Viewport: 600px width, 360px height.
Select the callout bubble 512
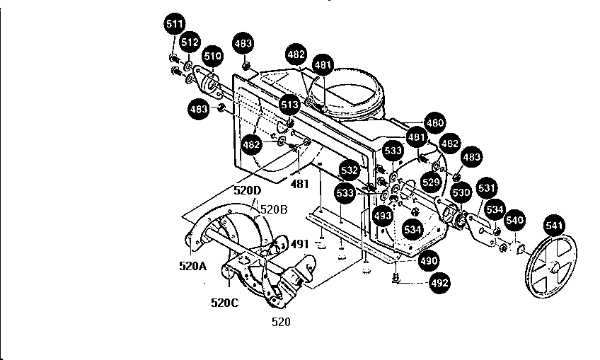tap(189, 42)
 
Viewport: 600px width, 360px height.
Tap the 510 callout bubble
tap(212, 56)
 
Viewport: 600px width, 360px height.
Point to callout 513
tap(289, 104)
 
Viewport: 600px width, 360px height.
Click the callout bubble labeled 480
tap(435, 122)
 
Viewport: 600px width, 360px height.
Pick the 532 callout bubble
tap(349, 170)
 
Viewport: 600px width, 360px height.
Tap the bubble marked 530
tap(461, 192)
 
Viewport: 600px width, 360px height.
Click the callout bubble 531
tap(487, 189)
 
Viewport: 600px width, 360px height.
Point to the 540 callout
tap(514, 221)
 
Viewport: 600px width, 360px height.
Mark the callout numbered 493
tap(383, 216)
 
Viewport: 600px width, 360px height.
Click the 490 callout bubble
tap(428, 261)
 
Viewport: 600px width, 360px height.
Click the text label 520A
tap(193, 267)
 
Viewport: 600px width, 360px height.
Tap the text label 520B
tap(273, 209)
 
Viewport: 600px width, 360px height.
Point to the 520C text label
tap(226, 303)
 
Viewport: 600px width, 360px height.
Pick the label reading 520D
tap(248, 190)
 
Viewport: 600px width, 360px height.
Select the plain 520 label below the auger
tap(281, 321)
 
